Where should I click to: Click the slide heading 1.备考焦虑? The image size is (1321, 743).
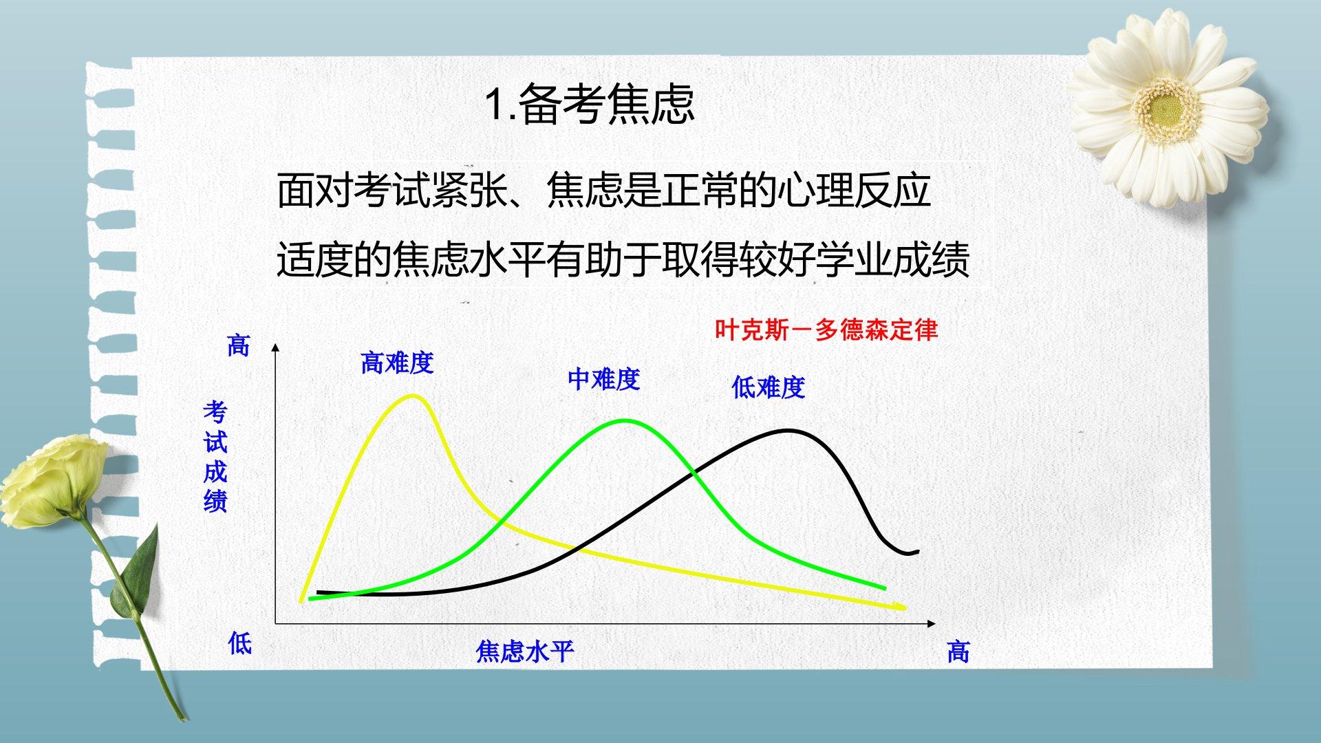click(x=590, y=105)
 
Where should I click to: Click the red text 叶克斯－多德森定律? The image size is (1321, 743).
click(x=826, y=330)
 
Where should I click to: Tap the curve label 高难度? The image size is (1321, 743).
click(x=397, y=363)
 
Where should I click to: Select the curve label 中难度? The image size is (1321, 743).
click(x=603, y=379)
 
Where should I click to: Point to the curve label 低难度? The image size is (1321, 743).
click(x=768, y=387)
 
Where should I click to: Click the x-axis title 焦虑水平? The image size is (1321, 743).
click(x=524, y=652)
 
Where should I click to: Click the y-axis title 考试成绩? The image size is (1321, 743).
click(x=215, y=457)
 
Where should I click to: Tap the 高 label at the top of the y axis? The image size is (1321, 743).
click(x=239, y=345)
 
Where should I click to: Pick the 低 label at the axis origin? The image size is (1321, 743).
click(x=240, y=644)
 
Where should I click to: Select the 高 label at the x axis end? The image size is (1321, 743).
click(x=958, y=652)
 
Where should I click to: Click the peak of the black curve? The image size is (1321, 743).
click(x=790, y=431)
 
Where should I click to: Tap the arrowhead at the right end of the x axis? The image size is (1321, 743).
click(x=932, y=623)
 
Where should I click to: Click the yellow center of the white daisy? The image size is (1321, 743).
click(x=1165, y=107)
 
